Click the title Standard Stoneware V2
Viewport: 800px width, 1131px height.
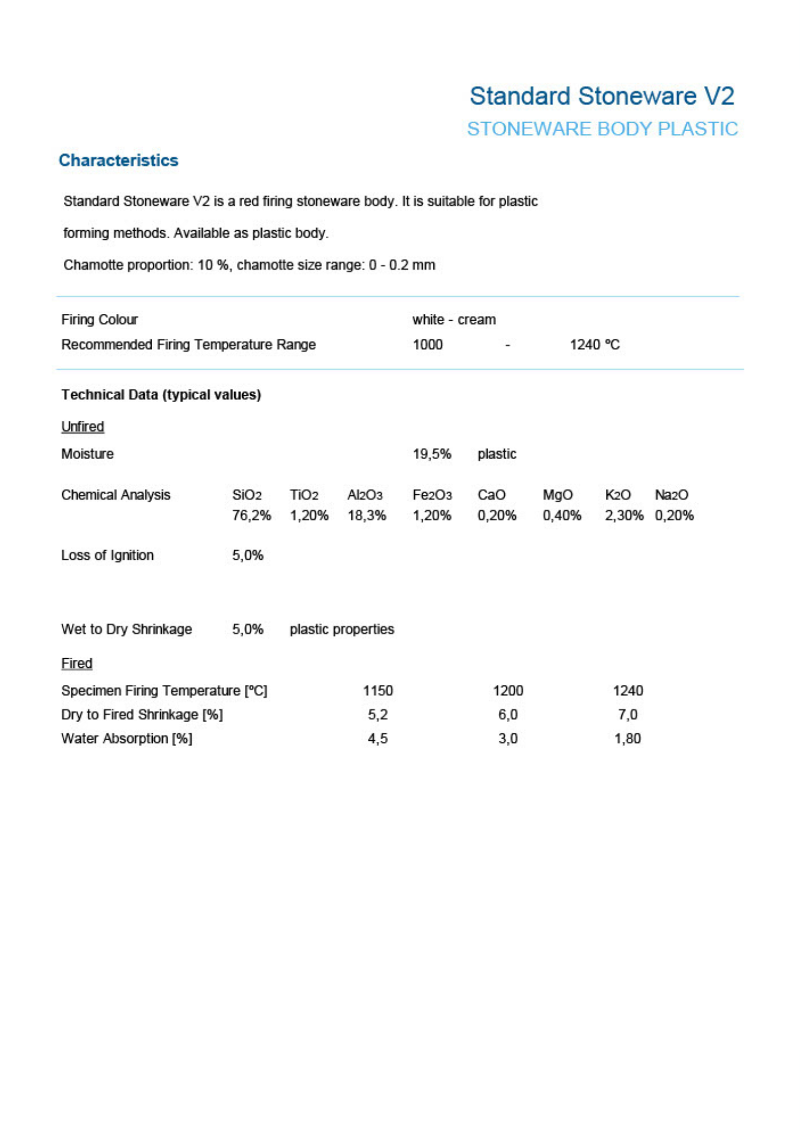pyautogui.click(x=601, y=96)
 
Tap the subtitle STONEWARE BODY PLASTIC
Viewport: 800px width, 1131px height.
pyautogui.click(x=602, y=129)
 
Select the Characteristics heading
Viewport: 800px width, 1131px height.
pyautogui.click(x=118, y=161)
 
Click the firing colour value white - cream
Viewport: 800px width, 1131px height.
pyautogui.click(x=454, y=320)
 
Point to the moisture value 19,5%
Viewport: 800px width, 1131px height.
pyautogui.click(x=432, y=454)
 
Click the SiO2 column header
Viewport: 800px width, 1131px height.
pyautogui.click(x=247, y=495)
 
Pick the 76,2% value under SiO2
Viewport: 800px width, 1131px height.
pyautogui.click(x=251, y=515)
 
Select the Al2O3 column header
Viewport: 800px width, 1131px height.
pyautogui.click(x=365, y=495)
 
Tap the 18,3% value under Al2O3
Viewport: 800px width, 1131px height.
pyautogui.click(x=367, y=515)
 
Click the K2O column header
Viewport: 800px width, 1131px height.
pyautogui.click(x=617, y=495)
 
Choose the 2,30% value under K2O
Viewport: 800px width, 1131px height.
pyautogui.click(x=623, y=515)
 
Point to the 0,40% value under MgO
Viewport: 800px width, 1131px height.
pyautogui.click(x=562, y=515)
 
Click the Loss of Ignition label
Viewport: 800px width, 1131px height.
pyautogui.click(x=107, y=555)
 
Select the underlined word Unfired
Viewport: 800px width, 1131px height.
pyautogui.click(x=83, y=426)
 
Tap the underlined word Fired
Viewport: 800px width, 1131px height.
pyautogui.click(x=76, y=663)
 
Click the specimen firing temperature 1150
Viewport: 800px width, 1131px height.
pyautogui.click(x=377, y=690)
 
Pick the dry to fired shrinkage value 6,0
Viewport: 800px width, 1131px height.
pyautogui.click(x=507, y=715)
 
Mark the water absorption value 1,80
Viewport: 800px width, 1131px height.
pyautogui.click(x=627, y=739)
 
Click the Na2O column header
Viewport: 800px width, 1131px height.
pyautogui.click(x=672, y=495)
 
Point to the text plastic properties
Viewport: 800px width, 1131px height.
pyautogui.click(x=342, y=629)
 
